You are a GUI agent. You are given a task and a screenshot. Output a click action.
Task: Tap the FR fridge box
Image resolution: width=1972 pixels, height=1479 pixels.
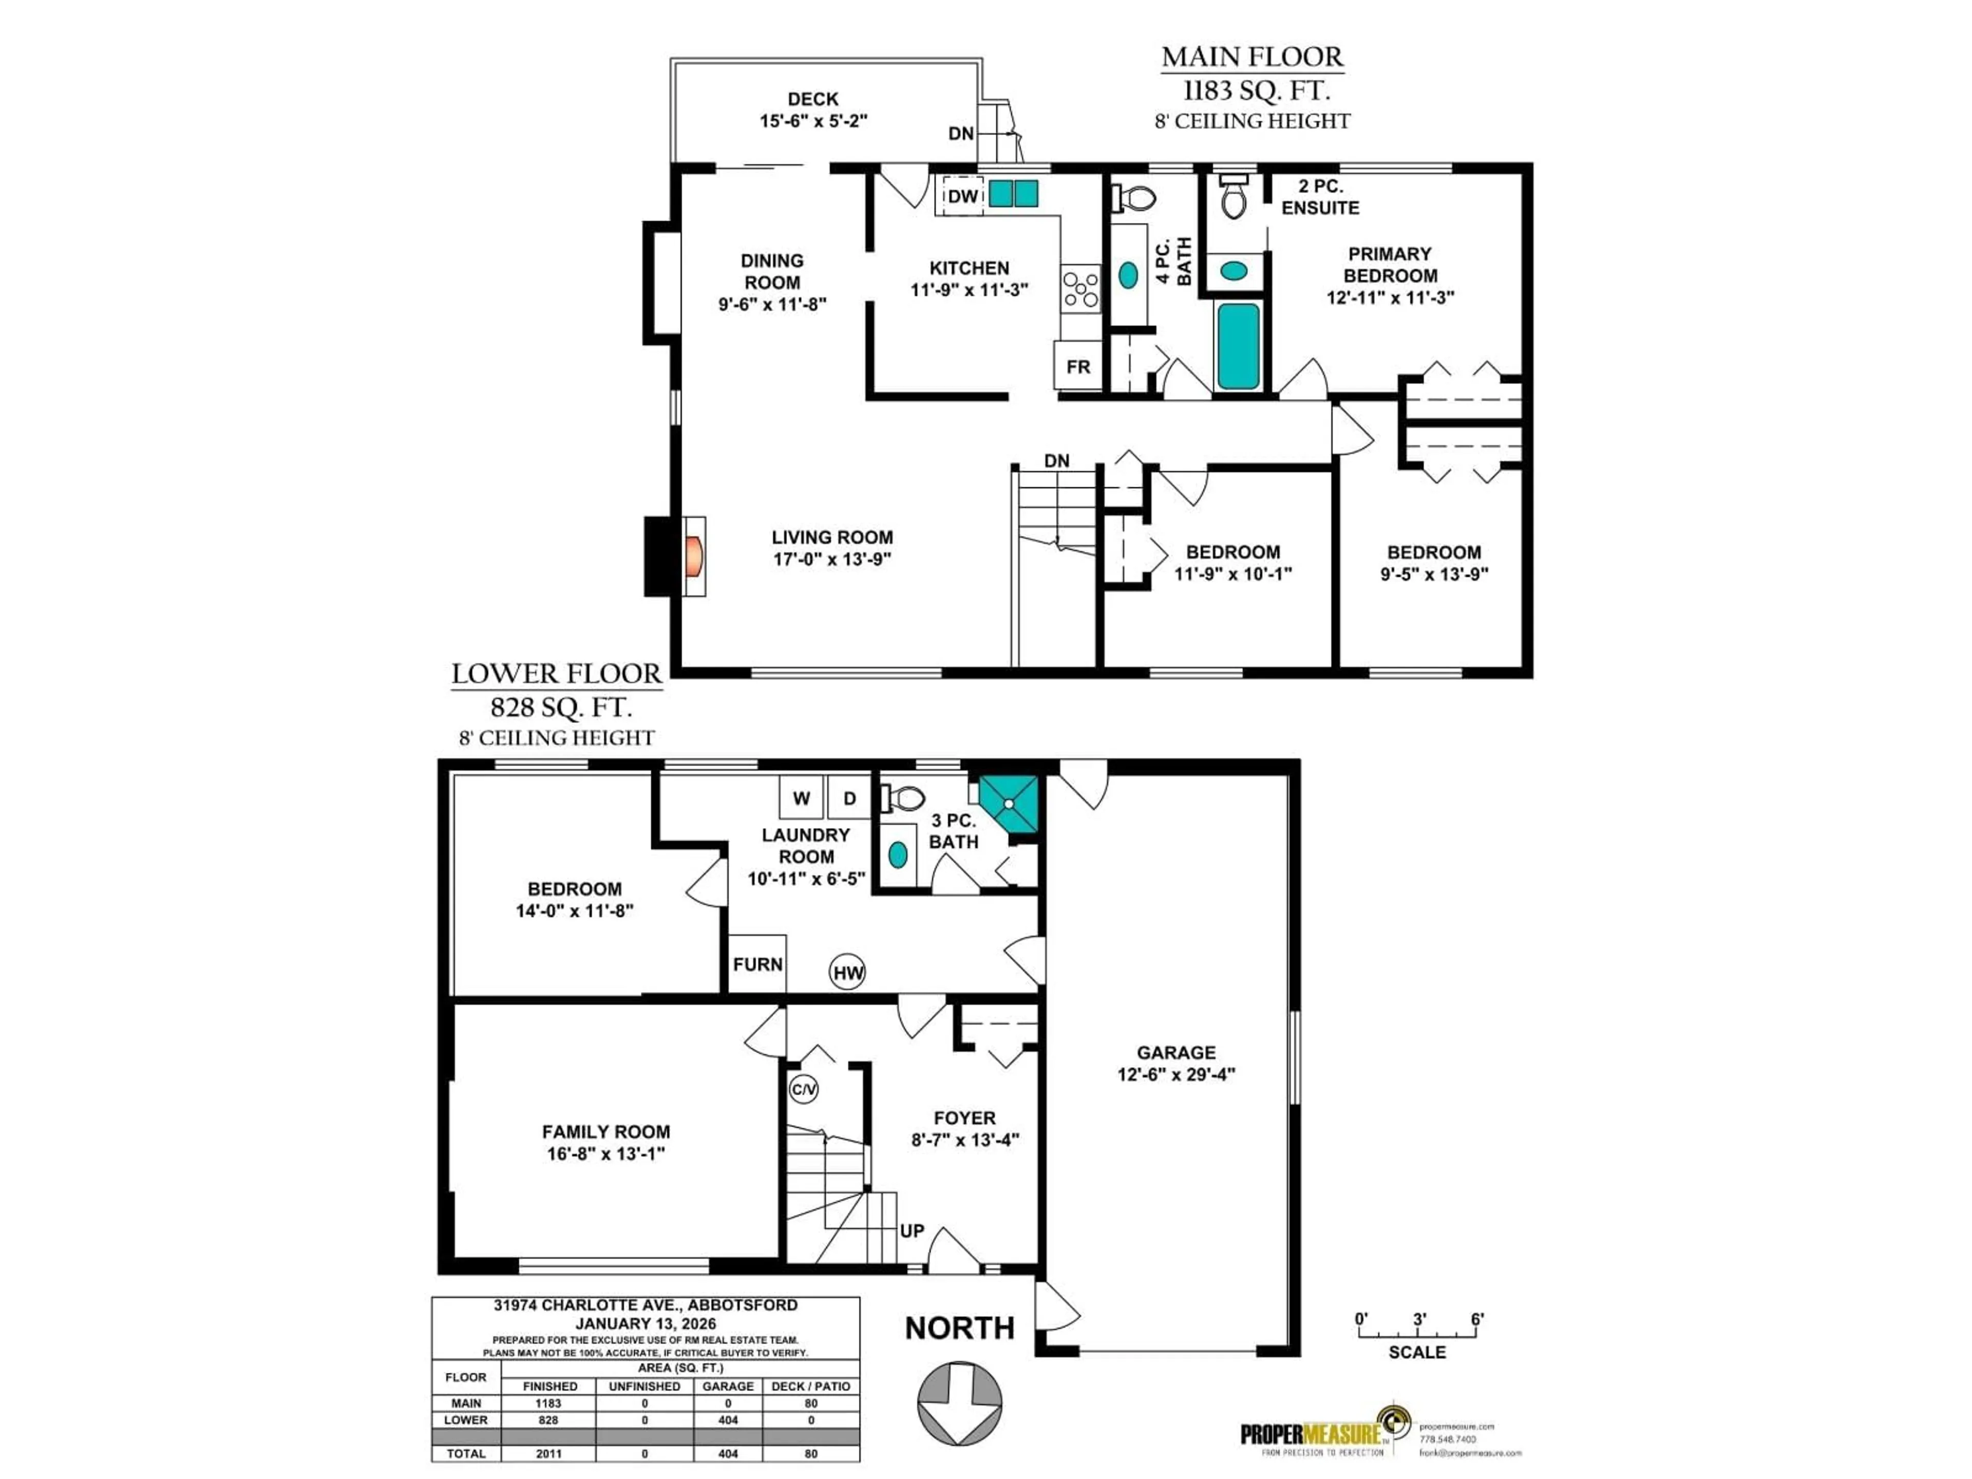pyautogui.click(x=1078, y=366)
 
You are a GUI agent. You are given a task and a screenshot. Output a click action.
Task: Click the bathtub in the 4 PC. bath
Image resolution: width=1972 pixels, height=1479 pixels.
pyautogui.click(x=1238, y=347)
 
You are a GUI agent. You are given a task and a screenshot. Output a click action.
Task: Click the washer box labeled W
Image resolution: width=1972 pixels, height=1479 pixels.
pyautogui.click(x=801, y=798)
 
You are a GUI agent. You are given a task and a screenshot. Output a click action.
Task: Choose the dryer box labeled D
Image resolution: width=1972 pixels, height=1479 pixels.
pyautogui.click(x=849, y=798)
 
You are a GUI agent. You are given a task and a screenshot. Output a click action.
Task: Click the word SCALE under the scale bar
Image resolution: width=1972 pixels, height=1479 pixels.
pyautogui.click(x=1416, y=1352)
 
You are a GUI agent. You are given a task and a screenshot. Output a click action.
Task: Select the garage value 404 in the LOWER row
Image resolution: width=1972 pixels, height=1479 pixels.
pyautogui.click(x=728, y=1420)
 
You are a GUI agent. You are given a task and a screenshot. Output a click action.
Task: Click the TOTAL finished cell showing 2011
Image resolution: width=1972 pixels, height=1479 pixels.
pyautogui.click(x=548, y=1453)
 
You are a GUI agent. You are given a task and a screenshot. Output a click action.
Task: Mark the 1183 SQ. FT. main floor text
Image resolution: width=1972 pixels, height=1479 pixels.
pyautogui.click(x=1255, y=90)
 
